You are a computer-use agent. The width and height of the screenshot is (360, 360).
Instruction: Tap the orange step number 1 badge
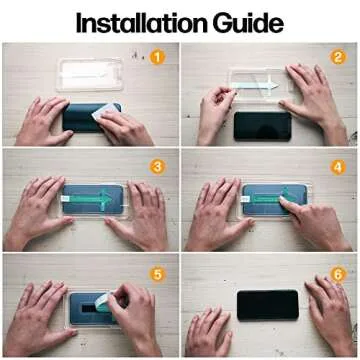pyautogui.click(x=157, y=56)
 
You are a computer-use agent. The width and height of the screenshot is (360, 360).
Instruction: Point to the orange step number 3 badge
pyautogui.click(x=157, y=164)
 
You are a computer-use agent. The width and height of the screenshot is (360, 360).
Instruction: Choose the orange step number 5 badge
pyautogui.click(x=157, y=271)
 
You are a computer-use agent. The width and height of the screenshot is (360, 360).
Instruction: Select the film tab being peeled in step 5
pyautogui.click(x=107, y=300)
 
